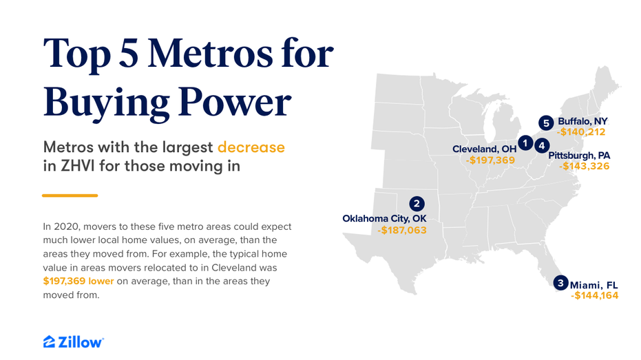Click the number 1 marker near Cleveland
coord(525,143)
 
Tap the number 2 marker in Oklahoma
coord(417,204)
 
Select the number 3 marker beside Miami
coord(561,283)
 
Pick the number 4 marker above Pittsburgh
coord(542,145)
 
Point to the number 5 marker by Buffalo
coord(546,123)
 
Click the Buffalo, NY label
coord(582,121)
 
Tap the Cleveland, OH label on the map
coord(485,149)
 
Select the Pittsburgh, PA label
coord(579,156)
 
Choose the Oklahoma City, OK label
coord(384,219)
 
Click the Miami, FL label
coord(594,285)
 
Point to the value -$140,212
coord(581,132)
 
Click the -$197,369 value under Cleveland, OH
coord(490,160)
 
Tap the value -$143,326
coord(585,167)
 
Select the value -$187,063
coord(402,231)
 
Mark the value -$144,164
coord(594,296)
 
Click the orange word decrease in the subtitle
coord(251,147)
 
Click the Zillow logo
coord(74,342)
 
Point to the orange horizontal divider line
coord(70,195)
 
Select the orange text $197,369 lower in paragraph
coord(78,281)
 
